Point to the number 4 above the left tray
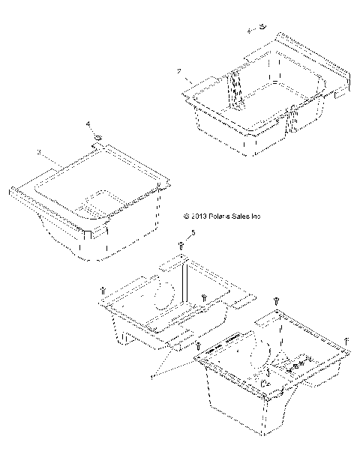coord(88,123)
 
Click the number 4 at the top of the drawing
coord(250,31)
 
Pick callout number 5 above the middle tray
coord(193,234)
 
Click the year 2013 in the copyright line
coord(199,217)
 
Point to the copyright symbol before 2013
coord(186,217)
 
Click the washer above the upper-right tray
coord(262,28)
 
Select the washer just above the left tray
coord(97,138)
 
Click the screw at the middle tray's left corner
coord(102,291)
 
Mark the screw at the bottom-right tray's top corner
coord(277,300)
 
